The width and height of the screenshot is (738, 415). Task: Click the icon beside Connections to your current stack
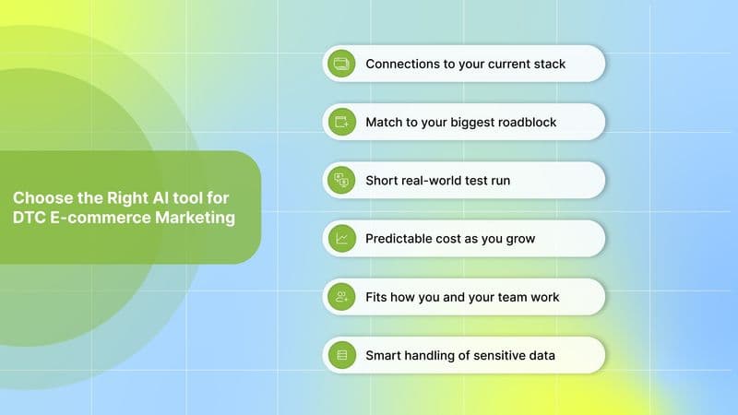[x=341, y=65]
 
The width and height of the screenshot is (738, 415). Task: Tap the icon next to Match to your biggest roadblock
[x=341, y=122]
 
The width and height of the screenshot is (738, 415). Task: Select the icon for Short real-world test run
[x=341, y=181]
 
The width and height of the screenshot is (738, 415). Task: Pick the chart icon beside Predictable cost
[x=341, y=239]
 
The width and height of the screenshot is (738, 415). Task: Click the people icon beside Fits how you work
[x=341, y=297]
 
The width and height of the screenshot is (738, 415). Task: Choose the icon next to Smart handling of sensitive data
[x=341, y=355]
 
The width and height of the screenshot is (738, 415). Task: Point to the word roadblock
[x=525, y=122]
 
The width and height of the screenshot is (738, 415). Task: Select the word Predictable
[x=400, y=239]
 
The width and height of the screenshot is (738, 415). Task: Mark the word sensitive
[x=492, y=355]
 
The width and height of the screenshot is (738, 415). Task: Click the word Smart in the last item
[x=384, y=355]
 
